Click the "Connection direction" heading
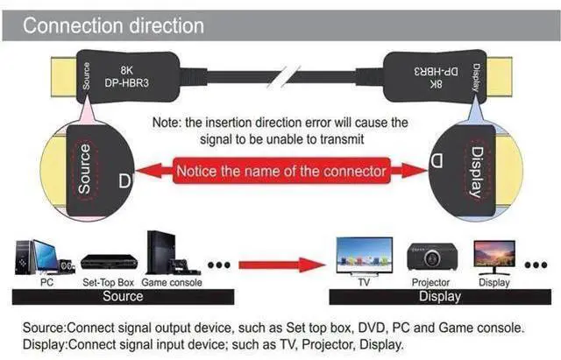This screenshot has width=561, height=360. pyautogui.click(x=113, y=25)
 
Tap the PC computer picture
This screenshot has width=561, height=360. pyautogui.click(x=45, y=258)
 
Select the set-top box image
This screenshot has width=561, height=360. pyautogui.click(x=109, y=262)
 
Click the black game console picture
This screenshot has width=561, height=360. pyautogui.click(x=172, y=253)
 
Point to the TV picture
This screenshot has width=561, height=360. pyautogui.click(x=365, y=257)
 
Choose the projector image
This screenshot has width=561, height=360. pyautogui.click(x=432, y=257)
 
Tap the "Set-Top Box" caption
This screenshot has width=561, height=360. pyautogui.click(x=108, y=282)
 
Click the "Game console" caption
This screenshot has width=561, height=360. pyautogui.click(x=172, y=282)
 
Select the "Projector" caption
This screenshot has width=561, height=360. pyautogui.click(x=430, y=282)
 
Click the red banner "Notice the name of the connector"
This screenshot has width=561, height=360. pyautogui.click(x=281, y=171)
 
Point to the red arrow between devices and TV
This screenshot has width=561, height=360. pyautogui.click(x=282, y=265)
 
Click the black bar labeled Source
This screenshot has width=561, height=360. pyautogui.click(x=123, y=297)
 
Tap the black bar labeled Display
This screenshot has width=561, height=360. pyautogui.click(x=440, y=297)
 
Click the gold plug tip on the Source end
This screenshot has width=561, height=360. pyautogui.click(x=64, y=77)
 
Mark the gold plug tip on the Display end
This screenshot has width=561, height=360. pyautogui.click(x=500, y=77)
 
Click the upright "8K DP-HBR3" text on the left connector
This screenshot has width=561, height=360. pyautogui.click(x=126, y=76)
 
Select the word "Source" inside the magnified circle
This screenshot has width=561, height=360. pyautogui.click(x=84, y=169)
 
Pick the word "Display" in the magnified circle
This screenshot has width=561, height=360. pyautogui.click(x=476, y=172)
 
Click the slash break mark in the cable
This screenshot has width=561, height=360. pyautogui.click(x=284, y=76)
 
